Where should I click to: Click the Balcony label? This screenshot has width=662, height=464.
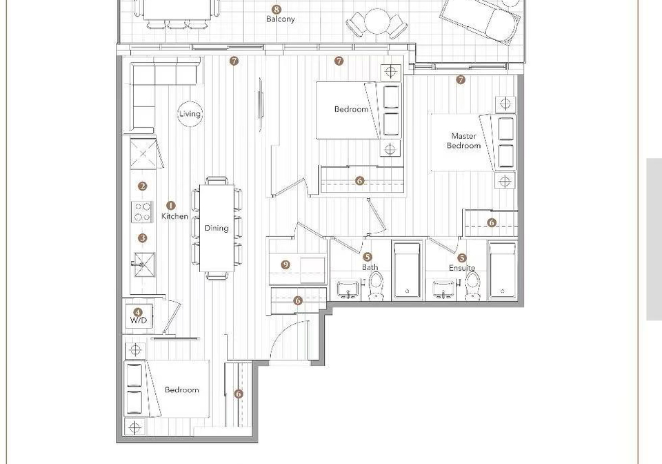[281, 19]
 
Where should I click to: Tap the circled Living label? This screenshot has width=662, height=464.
[190, 114]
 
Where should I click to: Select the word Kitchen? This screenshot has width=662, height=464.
[174, 216]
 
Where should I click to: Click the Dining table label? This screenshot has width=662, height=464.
[217, 228]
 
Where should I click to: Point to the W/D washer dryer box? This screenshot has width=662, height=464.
[139, 316]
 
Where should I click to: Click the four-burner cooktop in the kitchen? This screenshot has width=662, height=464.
[142, 212]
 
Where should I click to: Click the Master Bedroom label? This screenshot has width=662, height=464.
[463, 141]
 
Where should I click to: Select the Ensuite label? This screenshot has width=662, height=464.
[462, 268]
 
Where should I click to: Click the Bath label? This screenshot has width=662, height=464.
[370, 267]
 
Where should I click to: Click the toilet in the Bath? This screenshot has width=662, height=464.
[376, 286]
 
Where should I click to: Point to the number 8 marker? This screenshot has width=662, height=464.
[277, 9]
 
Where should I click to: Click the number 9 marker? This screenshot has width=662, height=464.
[285, 265]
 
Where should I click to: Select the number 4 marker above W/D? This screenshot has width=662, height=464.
[138, 312]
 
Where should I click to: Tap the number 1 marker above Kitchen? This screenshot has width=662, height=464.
[170, 205]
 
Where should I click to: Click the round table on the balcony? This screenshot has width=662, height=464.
[377, 21]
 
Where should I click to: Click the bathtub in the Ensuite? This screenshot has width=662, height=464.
[503, 270]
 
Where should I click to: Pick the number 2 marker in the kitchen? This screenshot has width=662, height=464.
[143, 186]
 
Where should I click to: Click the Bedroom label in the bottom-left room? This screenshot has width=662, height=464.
[181, 389]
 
